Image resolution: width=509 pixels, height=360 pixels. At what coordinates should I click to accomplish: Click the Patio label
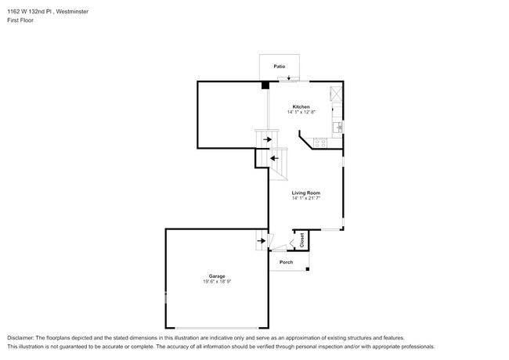pos(280,67)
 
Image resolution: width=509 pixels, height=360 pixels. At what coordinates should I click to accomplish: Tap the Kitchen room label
pos(301,106)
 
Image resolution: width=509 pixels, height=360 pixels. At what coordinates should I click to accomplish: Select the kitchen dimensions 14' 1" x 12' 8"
pos(301,112)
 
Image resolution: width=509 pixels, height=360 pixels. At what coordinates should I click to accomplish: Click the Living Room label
pos(305,193)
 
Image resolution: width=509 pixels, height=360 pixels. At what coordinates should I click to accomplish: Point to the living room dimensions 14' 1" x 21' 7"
pos(305,198)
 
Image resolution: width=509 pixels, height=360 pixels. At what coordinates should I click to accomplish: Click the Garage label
pos(217,276)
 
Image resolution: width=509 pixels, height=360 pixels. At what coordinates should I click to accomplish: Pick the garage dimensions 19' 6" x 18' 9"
pos(217,282)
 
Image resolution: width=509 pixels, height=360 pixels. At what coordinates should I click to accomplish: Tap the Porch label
pos(287,262)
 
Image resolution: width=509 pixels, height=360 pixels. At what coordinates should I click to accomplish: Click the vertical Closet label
pos(302,240)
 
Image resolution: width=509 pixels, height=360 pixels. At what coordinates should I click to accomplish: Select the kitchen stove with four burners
pos(320,143)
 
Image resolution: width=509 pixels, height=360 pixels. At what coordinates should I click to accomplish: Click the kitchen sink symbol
pos(338,127)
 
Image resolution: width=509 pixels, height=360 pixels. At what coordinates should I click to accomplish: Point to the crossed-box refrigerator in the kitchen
pos(336,95)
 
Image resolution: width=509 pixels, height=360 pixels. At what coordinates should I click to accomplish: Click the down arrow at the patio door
pos(289,77)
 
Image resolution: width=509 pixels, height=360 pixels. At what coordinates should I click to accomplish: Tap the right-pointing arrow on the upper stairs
pos(268,139)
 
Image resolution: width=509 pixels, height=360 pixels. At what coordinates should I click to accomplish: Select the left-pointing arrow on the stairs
pos(275,158)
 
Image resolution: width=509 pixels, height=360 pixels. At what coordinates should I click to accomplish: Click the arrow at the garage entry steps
pos(262,240)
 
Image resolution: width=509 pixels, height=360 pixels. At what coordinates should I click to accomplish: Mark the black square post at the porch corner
pos(308,269)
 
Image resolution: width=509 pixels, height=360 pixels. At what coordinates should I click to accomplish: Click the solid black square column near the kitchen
pos(265,85)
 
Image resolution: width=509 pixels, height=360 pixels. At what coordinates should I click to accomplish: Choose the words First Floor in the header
pos(20,20)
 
